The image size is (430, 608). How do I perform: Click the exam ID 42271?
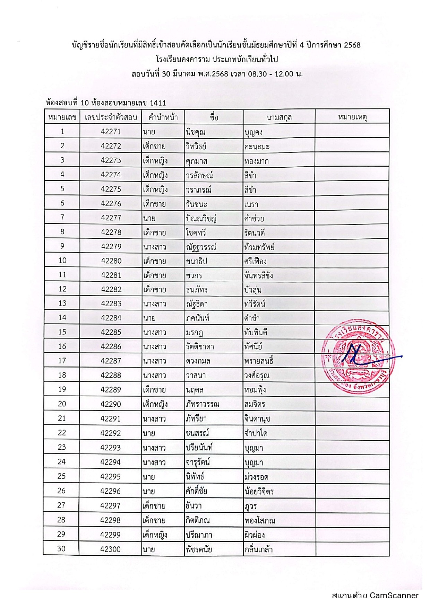pyautogui.click(x=111, y=132)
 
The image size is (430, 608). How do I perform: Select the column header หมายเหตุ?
pyautogui.click(x=352, y=117)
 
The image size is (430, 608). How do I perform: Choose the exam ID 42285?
pyautogui.click(x=111, y=332)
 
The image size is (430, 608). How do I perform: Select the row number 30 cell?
pyautogui.click(x=61, y=549)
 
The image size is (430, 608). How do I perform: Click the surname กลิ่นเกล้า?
pyautogui.click(x=258, y=549)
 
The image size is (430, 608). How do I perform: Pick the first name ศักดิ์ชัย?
pyautogui.click(x=196, y=491)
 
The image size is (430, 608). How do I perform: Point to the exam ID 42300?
pyautogui.click(x=111, y=549)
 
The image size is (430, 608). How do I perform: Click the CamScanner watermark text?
pyautogui.click(x=375, y=596)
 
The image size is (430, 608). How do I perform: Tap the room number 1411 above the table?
pyautogui.click(x=158, y=103)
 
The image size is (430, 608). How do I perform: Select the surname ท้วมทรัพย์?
pyautogui.click(x=259, y=247)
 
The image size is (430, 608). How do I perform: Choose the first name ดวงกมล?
pyautogui.click(x=198, y=361)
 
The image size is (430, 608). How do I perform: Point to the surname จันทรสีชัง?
pyautogui.click(x=258, y=276)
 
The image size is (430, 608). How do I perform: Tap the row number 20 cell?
pyautogui.click(x=62, y=404)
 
